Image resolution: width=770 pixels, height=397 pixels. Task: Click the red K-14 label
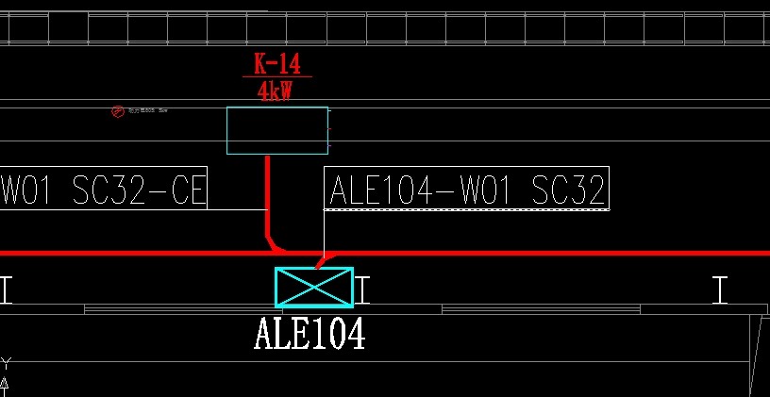pyautogui.click(x=276, y=64)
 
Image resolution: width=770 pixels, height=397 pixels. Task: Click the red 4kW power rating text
pyautogui.click(x=277, y=91)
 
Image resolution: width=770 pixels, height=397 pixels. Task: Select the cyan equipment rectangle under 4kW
pyautogui.click(x=277, y=130)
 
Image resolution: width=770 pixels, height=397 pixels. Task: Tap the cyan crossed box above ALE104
pyautogui.click(x=313, y=287)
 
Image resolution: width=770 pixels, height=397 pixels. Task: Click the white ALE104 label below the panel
pyautogui.click(x=310, y=334)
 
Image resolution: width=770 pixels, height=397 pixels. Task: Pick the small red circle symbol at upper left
pyautogui.click(x=118, y=112)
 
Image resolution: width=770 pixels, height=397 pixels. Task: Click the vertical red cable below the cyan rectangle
pyautogui.click(x=268, y=193)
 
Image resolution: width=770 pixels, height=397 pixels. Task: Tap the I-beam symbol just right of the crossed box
pyautogui.click(x=363, y=289)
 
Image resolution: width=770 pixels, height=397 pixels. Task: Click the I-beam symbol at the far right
pyautogui.click(x=721, y=289)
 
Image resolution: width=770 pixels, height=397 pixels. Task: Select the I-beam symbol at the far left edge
pyautogui.click(x=6, y=289)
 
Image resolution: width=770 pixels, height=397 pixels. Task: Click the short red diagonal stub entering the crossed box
pyautogui.click(x=325, y=260)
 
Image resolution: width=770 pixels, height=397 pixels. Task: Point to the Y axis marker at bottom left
pyautogui.click(x=6, y=363)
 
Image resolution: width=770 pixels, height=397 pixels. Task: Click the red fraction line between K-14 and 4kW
pyautogui.click(x=276, y=77)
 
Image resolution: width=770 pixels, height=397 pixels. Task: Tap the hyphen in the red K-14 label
pyautogui.click(x=275, y=65)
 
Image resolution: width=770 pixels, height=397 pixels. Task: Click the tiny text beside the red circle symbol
pyautogui.click(x=147, y=111)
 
